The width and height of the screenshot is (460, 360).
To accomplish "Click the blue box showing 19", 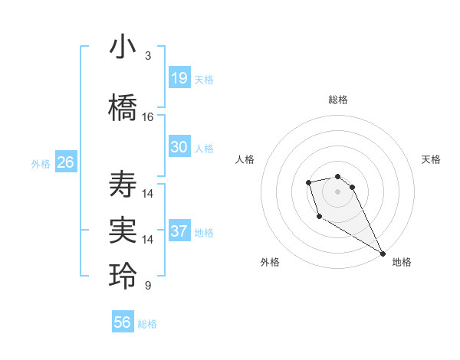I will click(179, 78).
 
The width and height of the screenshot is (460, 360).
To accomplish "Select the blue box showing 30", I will click(179, 147).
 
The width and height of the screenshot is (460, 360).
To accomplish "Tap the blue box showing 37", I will click(179, 231).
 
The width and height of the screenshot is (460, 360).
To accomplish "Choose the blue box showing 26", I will click(66, 162).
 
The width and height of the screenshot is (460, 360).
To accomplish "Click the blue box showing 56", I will click(123, 322).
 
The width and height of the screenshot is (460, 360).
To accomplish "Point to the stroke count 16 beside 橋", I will click(148, 117).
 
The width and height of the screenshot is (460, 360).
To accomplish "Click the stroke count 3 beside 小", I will click(148, 56).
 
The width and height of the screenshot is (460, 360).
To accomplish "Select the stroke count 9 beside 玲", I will click(148, 286).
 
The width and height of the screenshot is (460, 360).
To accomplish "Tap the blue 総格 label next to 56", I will click(147, 324).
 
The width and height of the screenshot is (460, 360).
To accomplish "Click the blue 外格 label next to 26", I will click(41, 163).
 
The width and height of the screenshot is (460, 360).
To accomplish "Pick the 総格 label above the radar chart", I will click(338, 100).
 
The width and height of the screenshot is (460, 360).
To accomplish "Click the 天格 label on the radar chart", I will click(431, 159).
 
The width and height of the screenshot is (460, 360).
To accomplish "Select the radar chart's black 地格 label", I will click(402, 262).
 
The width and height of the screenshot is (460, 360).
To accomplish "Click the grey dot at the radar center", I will click(338, 191).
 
